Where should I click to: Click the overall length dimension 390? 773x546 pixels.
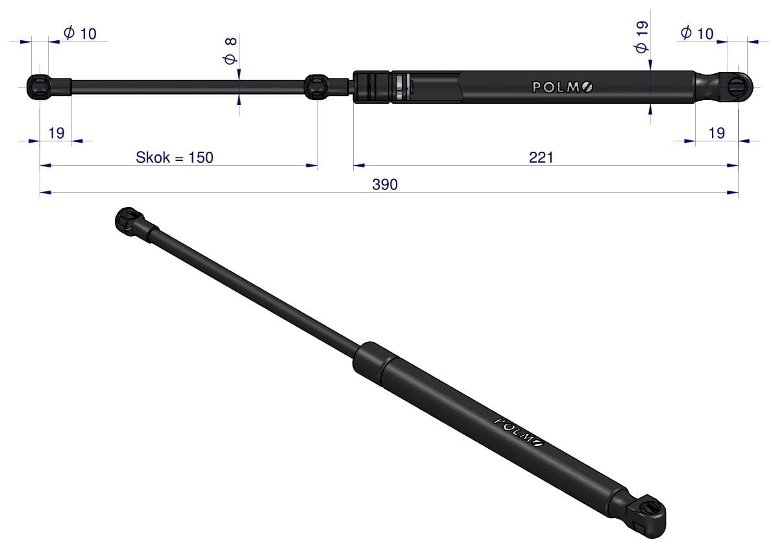pos(384,184)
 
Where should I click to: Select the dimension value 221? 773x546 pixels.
pos(541,158)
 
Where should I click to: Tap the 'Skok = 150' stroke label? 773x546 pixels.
pos(175,158)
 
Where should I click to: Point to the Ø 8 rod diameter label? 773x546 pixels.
pos(230,51)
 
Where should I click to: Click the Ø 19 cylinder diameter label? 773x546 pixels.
pos(641,38)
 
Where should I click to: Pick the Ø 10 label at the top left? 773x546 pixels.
pos(80,34)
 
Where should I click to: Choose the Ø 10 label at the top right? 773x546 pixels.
pos(697,33)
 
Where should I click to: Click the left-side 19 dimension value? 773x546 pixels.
pos(56,133)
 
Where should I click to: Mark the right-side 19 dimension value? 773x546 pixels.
pos(717,133)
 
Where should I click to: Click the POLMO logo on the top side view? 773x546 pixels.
pos(563,87)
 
